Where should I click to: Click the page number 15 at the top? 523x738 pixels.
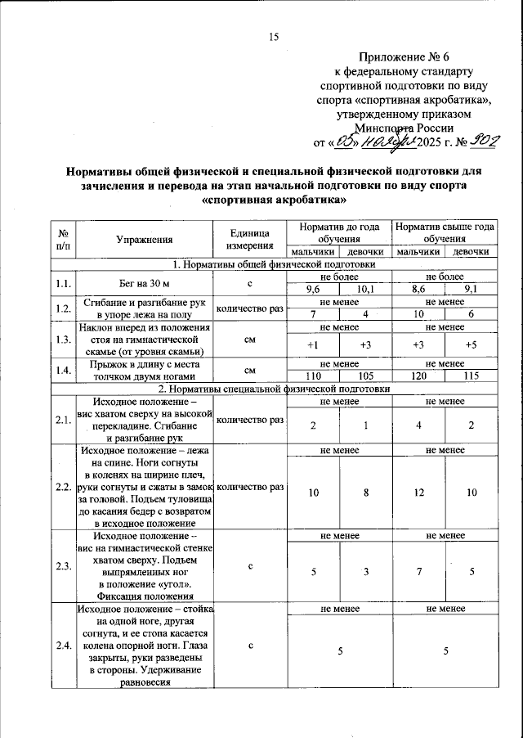(x=274, y=36)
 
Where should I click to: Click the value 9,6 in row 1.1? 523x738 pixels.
(x=313, y=289)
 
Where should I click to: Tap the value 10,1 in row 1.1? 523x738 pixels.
(x=365, y=289)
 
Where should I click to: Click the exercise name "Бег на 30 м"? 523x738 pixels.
(x=145, y=283)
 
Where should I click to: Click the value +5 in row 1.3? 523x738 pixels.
(x=471, y=345)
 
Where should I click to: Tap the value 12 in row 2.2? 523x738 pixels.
(x=419, y=493)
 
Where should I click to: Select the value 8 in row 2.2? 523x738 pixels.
(x=365, y=493)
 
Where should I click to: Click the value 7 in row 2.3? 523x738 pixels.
(x=419, y=571)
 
